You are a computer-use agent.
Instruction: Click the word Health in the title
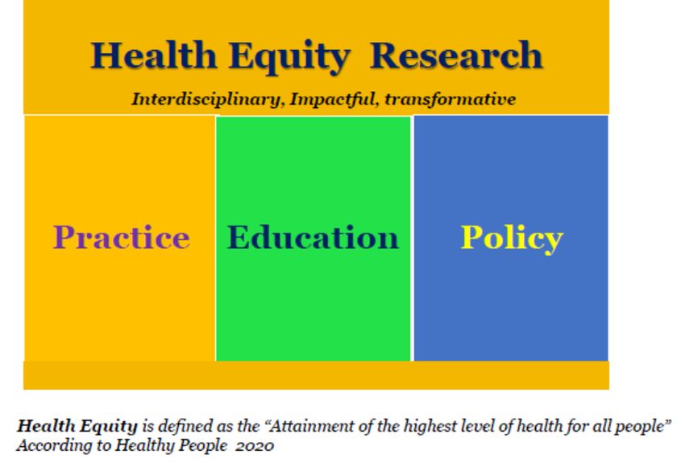[x=154, y=55]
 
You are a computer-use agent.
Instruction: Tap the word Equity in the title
[x=289, y=57]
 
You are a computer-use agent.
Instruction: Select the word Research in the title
[x=456, y=55]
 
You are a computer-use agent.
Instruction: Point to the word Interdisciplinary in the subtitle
[x=205, y=99]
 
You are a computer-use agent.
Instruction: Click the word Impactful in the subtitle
[x=331, y=99]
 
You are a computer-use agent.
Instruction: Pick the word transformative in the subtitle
[x=450, y=99]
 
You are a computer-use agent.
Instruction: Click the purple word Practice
[x=122, y=237]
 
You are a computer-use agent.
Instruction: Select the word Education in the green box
[x=313, y=237]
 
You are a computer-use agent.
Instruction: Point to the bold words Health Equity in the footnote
[x=77, y=426]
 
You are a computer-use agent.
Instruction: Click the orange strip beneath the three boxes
[x=316, y=375]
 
